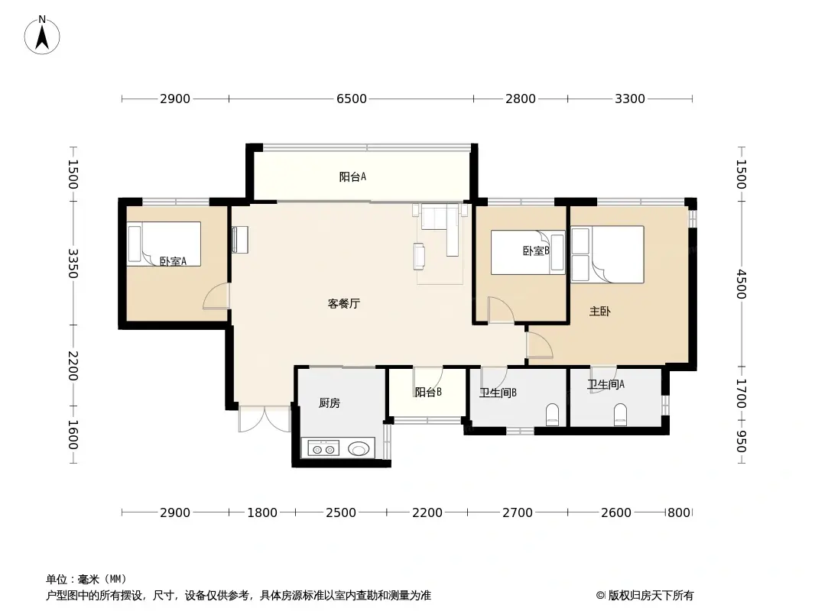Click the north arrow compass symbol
coord(42,35)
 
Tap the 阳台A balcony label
coord(352,177)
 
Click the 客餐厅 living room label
coord(343,304)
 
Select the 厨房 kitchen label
coord(329,402)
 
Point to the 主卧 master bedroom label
coord(599,311)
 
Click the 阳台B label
coord(428,393)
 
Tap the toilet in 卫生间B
coord(552,414)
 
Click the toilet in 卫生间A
coord(620,415)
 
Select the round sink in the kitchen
coord(358,448)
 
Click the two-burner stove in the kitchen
coord(323,448)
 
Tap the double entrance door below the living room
coord(265,419)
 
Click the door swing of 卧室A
coord(216,296)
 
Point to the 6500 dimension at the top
coord(352,99)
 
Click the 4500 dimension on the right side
coord(741,284)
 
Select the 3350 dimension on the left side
coord(73,263)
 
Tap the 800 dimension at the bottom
coord(679,513)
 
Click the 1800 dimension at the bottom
coord(262,513)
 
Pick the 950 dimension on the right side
coord(741,441)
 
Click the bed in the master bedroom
coord(607,254)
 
